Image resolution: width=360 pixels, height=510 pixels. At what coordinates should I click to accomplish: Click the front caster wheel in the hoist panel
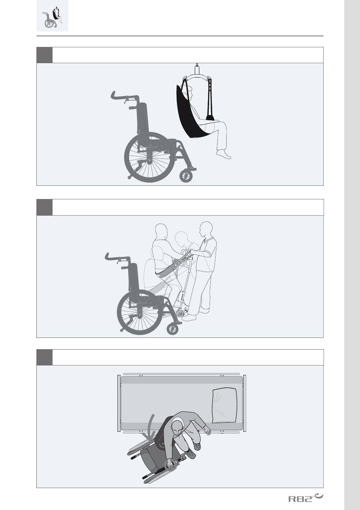(186, 176)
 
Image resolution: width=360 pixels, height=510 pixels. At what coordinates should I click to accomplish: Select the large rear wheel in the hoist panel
(149, 157)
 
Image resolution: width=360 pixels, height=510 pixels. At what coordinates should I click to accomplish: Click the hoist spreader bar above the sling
(197, 76)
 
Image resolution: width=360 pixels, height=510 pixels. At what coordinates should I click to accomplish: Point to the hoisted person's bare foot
(224, 154)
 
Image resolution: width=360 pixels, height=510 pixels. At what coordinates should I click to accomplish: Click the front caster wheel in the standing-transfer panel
(172, 329)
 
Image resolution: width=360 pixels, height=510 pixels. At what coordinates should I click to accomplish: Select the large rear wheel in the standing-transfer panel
(141, 311)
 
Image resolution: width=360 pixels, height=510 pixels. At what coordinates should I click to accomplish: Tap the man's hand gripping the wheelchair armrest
(170, 464)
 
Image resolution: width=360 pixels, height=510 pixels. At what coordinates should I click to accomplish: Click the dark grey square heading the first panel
(44, 55)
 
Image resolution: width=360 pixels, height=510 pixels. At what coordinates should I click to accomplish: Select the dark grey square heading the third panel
(44, 357)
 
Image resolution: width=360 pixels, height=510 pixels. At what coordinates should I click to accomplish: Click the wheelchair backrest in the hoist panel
(142, 118)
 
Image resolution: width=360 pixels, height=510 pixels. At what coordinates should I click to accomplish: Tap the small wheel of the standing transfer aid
(181, 314)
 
